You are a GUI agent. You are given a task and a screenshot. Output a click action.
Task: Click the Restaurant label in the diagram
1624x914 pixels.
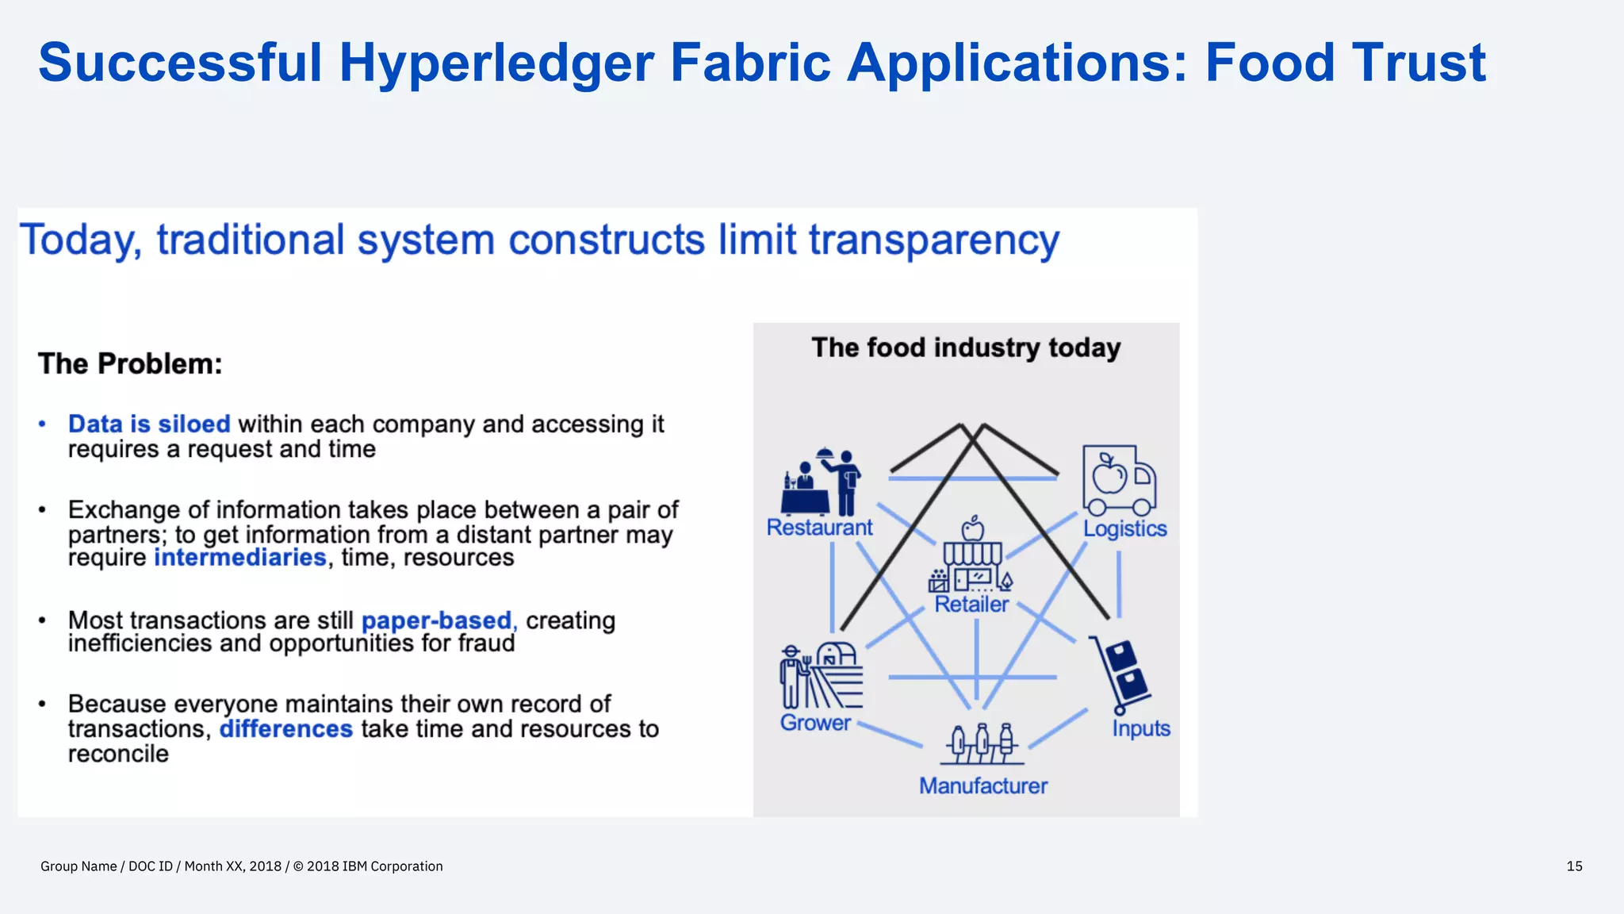coord(819,528)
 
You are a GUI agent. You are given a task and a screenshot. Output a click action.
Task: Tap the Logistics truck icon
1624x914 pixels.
coord(1119,481)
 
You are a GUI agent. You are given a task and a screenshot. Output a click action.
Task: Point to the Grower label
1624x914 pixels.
coord(815,723)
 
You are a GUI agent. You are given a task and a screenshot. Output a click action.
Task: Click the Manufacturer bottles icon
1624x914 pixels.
coord(982,743)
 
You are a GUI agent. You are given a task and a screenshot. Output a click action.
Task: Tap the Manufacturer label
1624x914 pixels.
coord(983,785)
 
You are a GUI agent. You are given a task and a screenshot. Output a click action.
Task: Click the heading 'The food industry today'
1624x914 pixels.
coord(966,348)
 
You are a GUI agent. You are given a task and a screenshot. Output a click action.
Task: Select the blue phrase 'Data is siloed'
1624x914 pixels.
coord(149,424)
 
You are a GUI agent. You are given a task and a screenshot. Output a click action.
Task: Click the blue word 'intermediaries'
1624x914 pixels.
coord(239,558)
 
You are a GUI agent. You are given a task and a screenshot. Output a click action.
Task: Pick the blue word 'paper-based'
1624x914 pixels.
coord(437,620)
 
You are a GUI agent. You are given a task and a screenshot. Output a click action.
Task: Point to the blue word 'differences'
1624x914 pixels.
coord(285,728)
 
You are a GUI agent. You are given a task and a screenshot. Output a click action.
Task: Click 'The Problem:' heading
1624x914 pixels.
coord(130,363)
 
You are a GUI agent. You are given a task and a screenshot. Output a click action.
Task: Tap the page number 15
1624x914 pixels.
coord(1574,866)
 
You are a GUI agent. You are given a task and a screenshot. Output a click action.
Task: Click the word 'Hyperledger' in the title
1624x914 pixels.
coord(496,63)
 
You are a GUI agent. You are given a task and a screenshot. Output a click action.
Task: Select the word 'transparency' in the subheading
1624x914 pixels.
coord(934,240)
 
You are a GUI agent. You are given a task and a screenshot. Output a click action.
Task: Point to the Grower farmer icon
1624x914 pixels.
coord(821,675)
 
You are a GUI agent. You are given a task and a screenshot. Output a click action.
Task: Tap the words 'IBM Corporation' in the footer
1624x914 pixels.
coord(393,866)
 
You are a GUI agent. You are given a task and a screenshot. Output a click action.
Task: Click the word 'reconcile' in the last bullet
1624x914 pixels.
coord(118,754)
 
